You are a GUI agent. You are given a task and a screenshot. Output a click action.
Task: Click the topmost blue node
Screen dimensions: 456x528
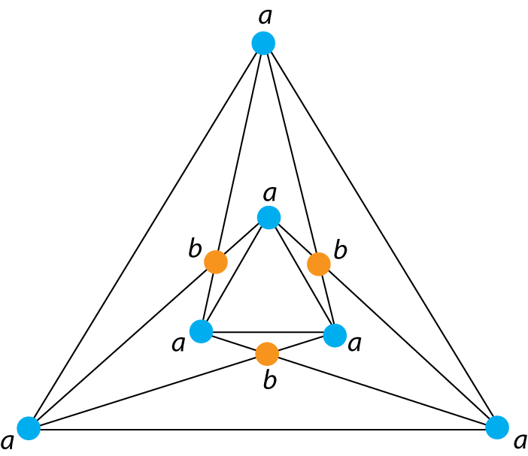(263, 43)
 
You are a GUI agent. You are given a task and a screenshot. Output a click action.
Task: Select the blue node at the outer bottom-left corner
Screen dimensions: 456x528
(29, 427)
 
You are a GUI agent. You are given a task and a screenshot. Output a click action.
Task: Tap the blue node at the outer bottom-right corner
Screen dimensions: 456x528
(496, 427)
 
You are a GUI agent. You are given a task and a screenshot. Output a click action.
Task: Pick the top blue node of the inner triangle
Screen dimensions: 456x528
(269, 217)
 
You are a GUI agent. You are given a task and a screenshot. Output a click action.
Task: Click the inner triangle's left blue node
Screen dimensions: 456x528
(201, 331)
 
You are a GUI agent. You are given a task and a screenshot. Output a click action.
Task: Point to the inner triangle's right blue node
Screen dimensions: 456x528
(335, 334)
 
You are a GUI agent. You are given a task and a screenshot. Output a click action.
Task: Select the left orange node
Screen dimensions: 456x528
(216, 261)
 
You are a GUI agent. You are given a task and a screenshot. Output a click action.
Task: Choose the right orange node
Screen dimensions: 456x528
(318, 264)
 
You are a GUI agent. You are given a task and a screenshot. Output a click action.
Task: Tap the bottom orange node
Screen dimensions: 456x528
(267, 353)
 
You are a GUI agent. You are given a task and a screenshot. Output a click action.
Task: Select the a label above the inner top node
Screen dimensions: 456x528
(270, 192)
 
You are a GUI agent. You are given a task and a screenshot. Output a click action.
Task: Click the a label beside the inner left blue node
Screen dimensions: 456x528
(178, 344)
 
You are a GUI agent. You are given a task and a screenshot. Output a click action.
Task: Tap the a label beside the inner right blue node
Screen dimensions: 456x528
(355, 343)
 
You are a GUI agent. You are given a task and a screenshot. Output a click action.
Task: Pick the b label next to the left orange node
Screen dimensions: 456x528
(195, 248)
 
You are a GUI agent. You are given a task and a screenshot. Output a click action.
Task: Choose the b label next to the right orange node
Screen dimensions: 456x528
(340, 249)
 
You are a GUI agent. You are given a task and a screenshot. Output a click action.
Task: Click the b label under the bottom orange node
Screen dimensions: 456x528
(270, 380)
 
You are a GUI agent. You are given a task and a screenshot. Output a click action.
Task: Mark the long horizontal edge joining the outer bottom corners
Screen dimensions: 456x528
(263, 430)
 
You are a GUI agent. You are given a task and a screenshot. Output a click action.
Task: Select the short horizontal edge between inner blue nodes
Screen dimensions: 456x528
(268, 332)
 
